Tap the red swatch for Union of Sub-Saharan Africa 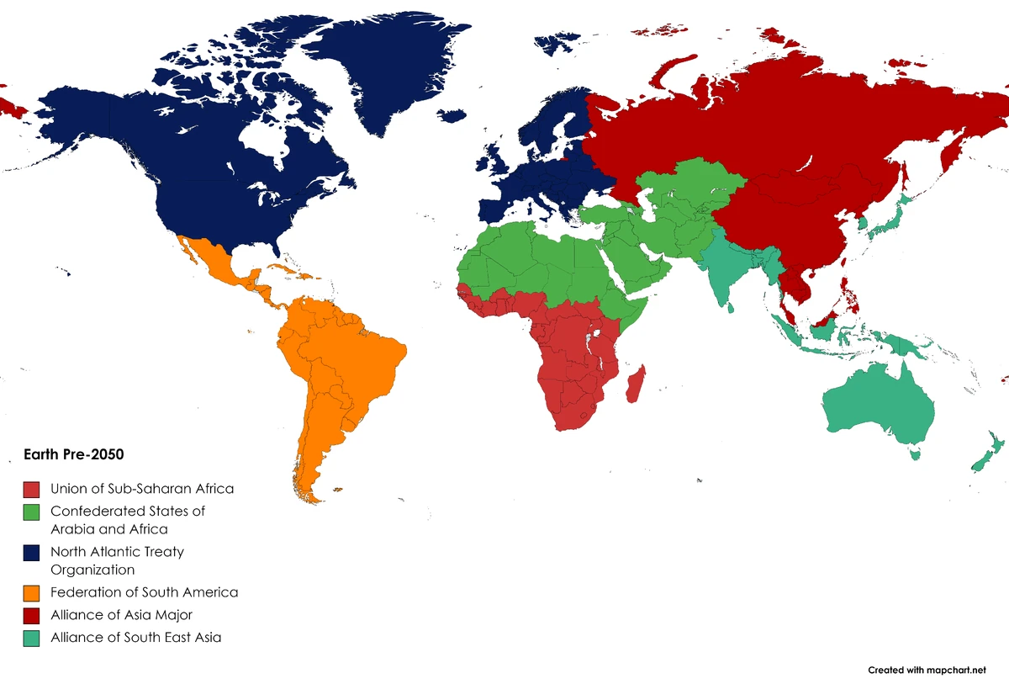[32, 489]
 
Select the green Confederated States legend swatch [32, 512]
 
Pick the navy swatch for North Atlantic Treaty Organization [32, 553]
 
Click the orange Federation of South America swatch [32, 593]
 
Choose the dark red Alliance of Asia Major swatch [32, 616]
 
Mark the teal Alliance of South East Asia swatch [32, 639]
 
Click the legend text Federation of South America [144, 592]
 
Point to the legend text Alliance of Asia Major [121, 615]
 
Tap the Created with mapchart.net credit [927, 671]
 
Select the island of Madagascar [637, 384]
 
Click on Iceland [452, 116]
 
